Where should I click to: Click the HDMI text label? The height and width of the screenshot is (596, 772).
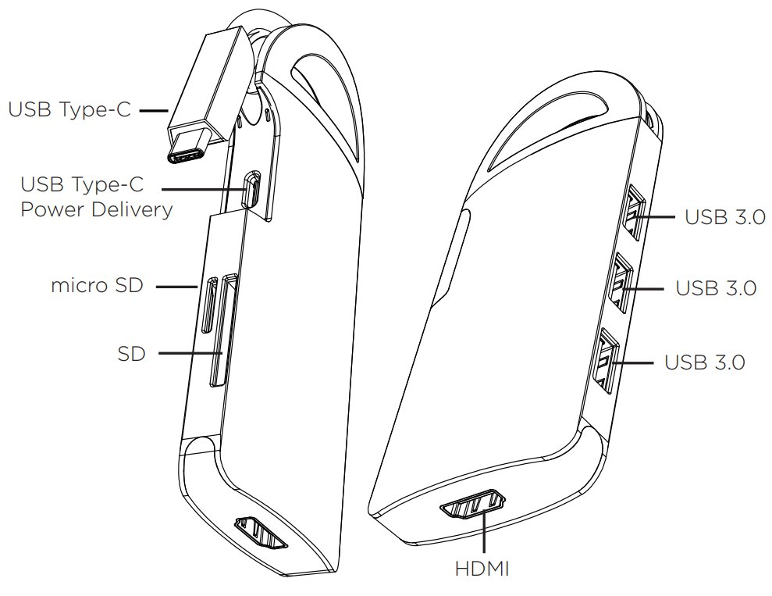click(x=482, y=569)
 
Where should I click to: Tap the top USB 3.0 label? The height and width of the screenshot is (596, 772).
click(x=725, y=216)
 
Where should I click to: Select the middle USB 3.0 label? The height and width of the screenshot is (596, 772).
click(x=716, y=288)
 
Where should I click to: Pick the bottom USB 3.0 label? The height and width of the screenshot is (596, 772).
click(x=705, y=362)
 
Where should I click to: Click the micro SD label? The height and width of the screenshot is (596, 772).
click(x=97, y=285)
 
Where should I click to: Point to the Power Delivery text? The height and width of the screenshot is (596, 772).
click(x=97, y=209)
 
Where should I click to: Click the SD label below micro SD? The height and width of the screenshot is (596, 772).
click(x=131, y=353)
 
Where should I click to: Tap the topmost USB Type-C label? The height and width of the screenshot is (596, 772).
click(x=70, y=109)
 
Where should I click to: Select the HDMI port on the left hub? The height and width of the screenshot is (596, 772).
click(x=261, y=532)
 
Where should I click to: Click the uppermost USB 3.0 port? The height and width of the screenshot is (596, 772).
click(x=634, y=212)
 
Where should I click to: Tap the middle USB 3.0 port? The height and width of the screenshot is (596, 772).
click(x=621, y=282)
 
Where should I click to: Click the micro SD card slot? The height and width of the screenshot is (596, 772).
click(x=210, y=305)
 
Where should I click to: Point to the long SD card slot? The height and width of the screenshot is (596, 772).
click(x=223, y=330)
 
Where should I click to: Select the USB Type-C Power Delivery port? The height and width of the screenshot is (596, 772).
click(x=251, y=190)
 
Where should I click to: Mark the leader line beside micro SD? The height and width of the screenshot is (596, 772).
click(x=176, y=286)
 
